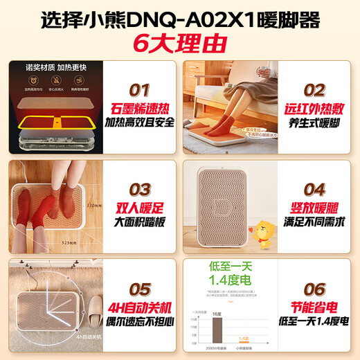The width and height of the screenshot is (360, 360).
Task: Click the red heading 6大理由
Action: pos(179,44)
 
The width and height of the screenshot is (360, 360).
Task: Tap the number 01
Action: pos(141,89)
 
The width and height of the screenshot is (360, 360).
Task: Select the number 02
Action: pos(315,90)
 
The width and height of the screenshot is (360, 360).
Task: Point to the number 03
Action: pos(141,189)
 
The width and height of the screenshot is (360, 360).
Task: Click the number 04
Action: pos(315,189)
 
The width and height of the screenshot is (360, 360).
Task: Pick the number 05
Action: pos(141,289)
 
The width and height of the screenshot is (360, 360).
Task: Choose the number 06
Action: pos(315,289)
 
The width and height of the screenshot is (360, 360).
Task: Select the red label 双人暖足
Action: pos(141,208)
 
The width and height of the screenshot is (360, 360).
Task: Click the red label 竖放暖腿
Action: pos(315,208)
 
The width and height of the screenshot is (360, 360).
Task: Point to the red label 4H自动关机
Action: pos(141,309)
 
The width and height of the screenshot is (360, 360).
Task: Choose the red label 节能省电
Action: pos(315,309)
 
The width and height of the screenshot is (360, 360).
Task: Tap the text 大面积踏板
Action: pos(141,223)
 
